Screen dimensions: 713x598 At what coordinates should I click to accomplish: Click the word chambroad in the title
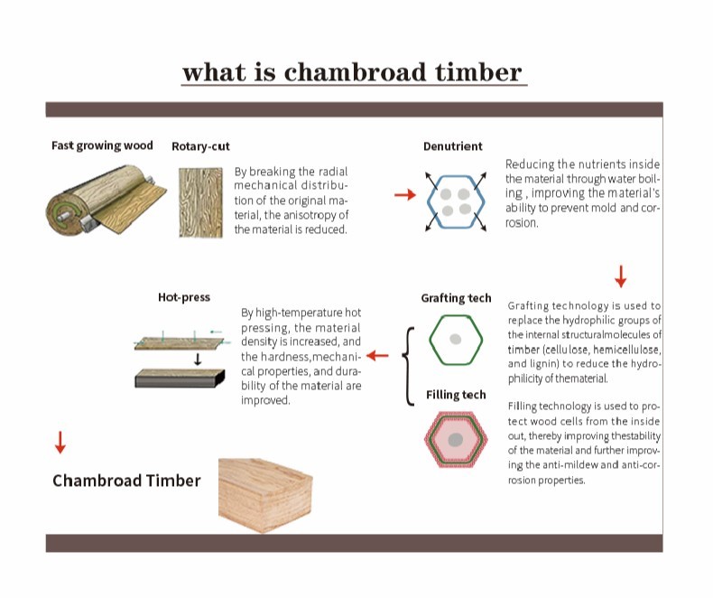[355, 72]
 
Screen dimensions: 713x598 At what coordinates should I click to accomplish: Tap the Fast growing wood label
[102, 145]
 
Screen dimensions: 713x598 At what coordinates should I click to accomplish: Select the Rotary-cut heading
[200, 146]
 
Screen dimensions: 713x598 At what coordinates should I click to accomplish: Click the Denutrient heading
[452, 146]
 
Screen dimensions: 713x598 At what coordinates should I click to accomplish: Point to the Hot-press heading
[184, 297]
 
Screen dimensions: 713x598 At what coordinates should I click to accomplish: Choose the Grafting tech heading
[456, 298]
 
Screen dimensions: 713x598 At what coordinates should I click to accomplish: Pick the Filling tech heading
[456, 395]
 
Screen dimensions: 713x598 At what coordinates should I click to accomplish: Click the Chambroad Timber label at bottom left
[126, 481]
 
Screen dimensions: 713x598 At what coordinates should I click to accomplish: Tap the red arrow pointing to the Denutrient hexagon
[405, 195]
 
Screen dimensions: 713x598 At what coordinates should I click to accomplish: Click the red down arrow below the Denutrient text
[621, 276]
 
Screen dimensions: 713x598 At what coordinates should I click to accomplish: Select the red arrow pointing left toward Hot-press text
[377, 355]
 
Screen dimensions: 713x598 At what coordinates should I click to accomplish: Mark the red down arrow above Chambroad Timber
[60, 443]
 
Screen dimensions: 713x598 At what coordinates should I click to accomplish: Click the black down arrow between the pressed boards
[198, 360]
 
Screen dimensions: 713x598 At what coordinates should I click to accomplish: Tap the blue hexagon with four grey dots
[456, 201]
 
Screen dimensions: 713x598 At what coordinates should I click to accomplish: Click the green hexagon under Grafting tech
[456, 340]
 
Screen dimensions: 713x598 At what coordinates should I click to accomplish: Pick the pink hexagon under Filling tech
[456, 440]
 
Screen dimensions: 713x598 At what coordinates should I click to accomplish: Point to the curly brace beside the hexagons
[408, 366]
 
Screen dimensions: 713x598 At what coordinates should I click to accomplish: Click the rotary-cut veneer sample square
[200, 202]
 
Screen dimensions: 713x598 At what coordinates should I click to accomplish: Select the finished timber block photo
[265, 495]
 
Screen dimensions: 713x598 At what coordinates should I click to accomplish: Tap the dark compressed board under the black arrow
[181, 378]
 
